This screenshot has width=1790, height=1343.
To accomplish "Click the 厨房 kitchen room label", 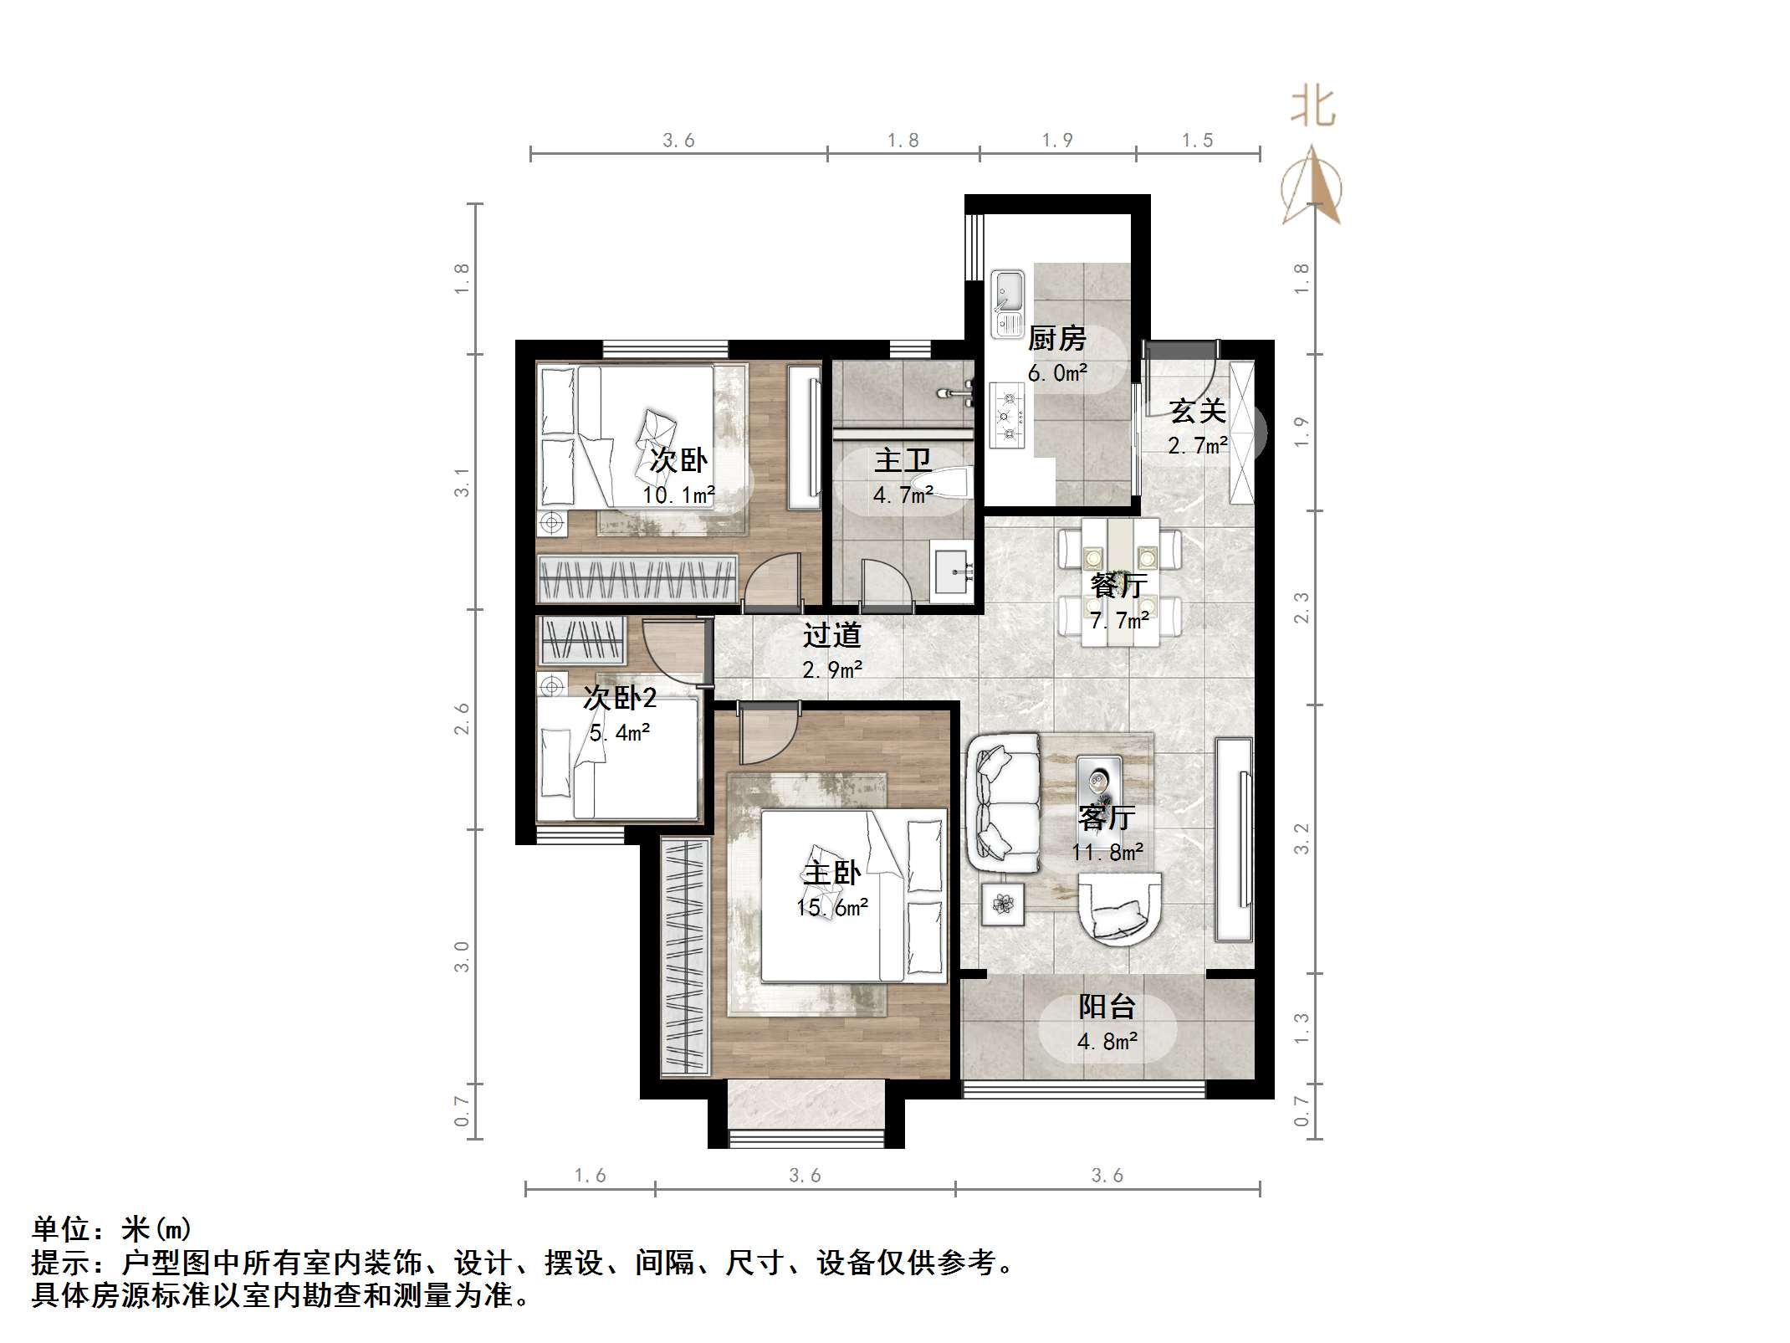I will point(1056,339).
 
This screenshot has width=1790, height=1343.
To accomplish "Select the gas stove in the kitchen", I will point(1007,415).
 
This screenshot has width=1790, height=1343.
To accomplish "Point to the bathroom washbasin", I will point(953,571).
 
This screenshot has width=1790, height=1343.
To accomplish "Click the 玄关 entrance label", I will point(1198,411).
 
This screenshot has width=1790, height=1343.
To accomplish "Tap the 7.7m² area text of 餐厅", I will point(1119,621).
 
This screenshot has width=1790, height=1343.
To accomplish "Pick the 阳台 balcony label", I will point(1107,1007).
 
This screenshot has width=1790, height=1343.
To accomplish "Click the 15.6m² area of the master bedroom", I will point(831,908).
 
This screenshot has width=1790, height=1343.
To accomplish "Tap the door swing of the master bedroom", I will point(768,733).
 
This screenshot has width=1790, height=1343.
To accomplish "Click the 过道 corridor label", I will point(831,636).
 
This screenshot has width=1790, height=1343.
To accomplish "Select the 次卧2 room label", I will point(620,698).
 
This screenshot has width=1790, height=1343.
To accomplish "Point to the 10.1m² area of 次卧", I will point(678,495).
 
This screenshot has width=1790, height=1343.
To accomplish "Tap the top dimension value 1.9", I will point(1056,141).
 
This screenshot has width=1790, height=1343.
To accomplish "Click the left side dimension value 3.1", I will point(462,483).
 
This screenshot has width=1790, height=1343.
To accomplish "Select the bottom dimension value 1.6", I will point(590,1176).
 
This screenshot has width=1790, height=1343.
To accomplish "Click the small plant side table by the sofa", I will point(1003,904).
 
